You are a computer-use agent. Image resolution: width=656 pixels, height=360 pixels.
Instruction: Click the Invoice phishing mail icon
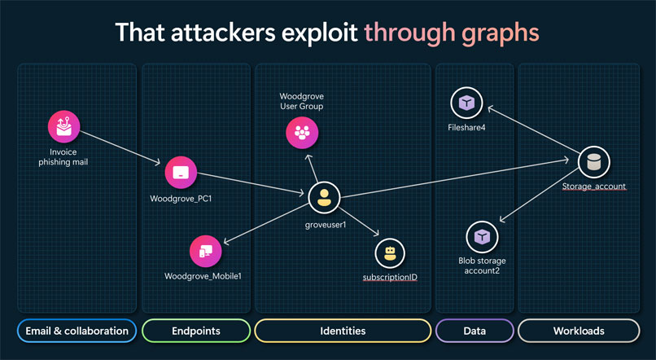point(63,126)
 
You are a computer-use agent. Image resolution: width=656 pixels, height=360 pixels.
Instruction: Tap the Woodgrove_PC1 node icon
point(181,173)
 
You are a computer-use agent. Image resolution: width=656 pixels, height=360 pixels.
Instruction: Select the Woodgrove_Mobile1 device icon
point(205,251)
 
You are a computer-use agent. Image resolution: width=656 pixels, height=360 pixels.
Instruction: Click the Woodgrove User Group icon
point(302,133)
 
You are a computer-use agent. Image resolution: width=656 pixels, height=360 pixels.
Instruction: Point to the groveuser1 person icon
point(324,197)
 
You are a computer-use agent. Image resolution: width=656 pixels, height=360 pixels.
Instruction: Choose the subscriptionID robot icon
point(390,253)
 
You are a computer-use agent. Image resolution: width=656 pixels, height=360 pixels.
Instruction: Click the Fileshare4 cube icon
point(466,103)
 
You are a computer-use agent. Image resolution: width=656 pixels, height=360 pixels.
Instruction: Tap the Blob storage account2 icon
point(482,237)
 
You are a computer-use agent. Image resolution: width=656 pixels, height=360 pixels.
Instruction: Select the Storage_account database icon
point(593,162)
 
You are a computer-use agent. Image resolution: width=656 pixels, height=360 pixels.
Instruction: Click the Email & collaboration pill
point(77,331)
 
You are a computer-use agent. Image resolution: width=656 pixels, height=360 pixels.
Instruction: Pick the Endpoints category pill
point(196,331)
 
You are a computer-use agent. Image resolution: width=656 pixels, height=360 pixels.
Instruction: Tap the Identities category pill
point(343,331)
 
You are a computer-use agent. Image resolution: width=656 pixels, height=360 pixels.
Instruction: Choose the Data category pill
point(475,331)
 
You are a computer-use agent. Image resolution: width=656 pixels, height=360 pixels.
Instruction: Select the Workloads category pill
point(579,331)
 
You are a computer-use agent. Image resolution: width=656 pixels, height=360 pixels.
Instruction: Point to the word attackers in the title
point(223,33)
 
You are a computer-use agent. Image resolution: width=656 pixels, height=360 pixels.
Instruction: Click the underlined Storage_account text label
point(594,187)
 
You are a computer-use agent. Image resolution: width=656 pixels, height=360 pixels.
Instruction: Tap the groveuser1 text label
point(326,225)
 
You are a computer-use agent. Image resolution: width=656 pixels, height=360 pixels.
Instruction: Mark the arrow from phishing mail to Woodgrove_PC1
point(120,147)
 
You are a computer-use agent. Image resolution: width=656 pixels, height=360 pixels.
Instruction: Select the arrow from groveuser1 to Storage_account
point(455,178)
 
